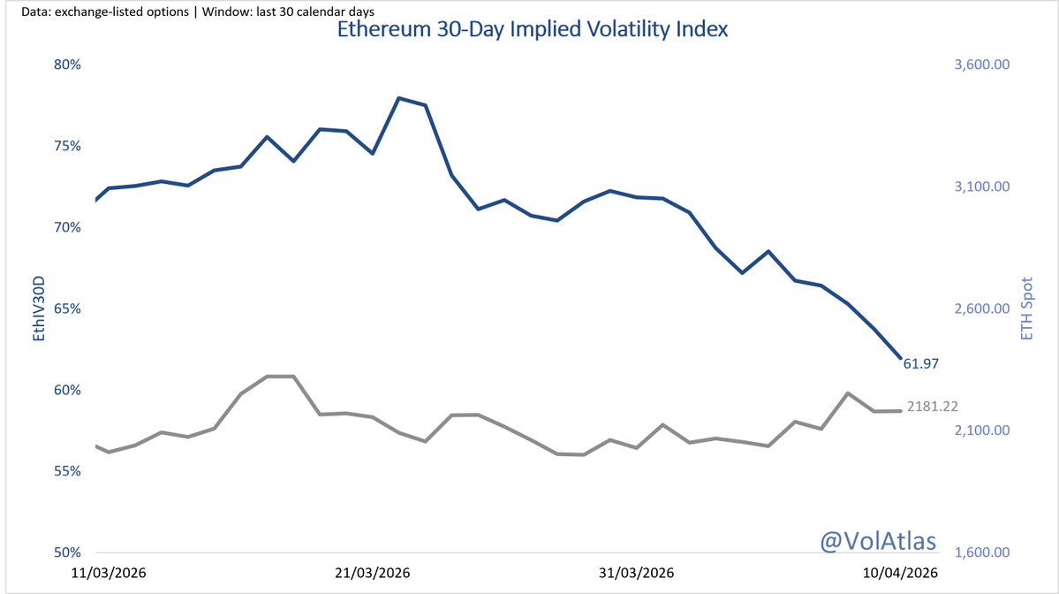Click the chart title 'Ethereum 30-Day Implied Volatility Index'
(532, 30)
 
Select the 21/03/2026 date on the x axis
(373, 573)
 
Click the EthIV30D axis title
(38, 308)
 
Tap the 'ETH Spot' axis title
(1026, 308)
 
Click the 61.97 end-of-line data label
(921, 364)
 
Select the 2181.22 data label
(933, 407)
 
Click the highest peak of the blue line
(399, 98)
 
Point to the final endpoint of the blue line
(900, 358)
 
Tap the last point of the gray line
(900, 410)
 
